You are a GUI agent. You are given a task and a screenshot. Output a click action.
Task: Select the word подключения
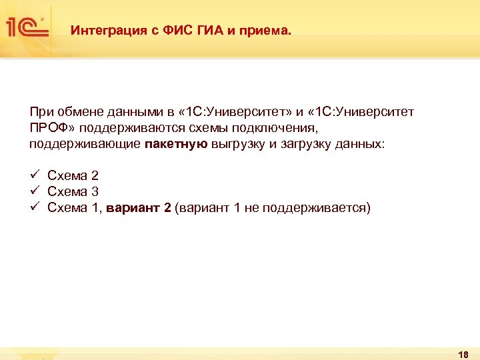(255, 127)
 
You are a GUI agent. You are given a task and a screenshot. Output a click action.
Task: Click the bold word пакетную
(175, 143)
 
